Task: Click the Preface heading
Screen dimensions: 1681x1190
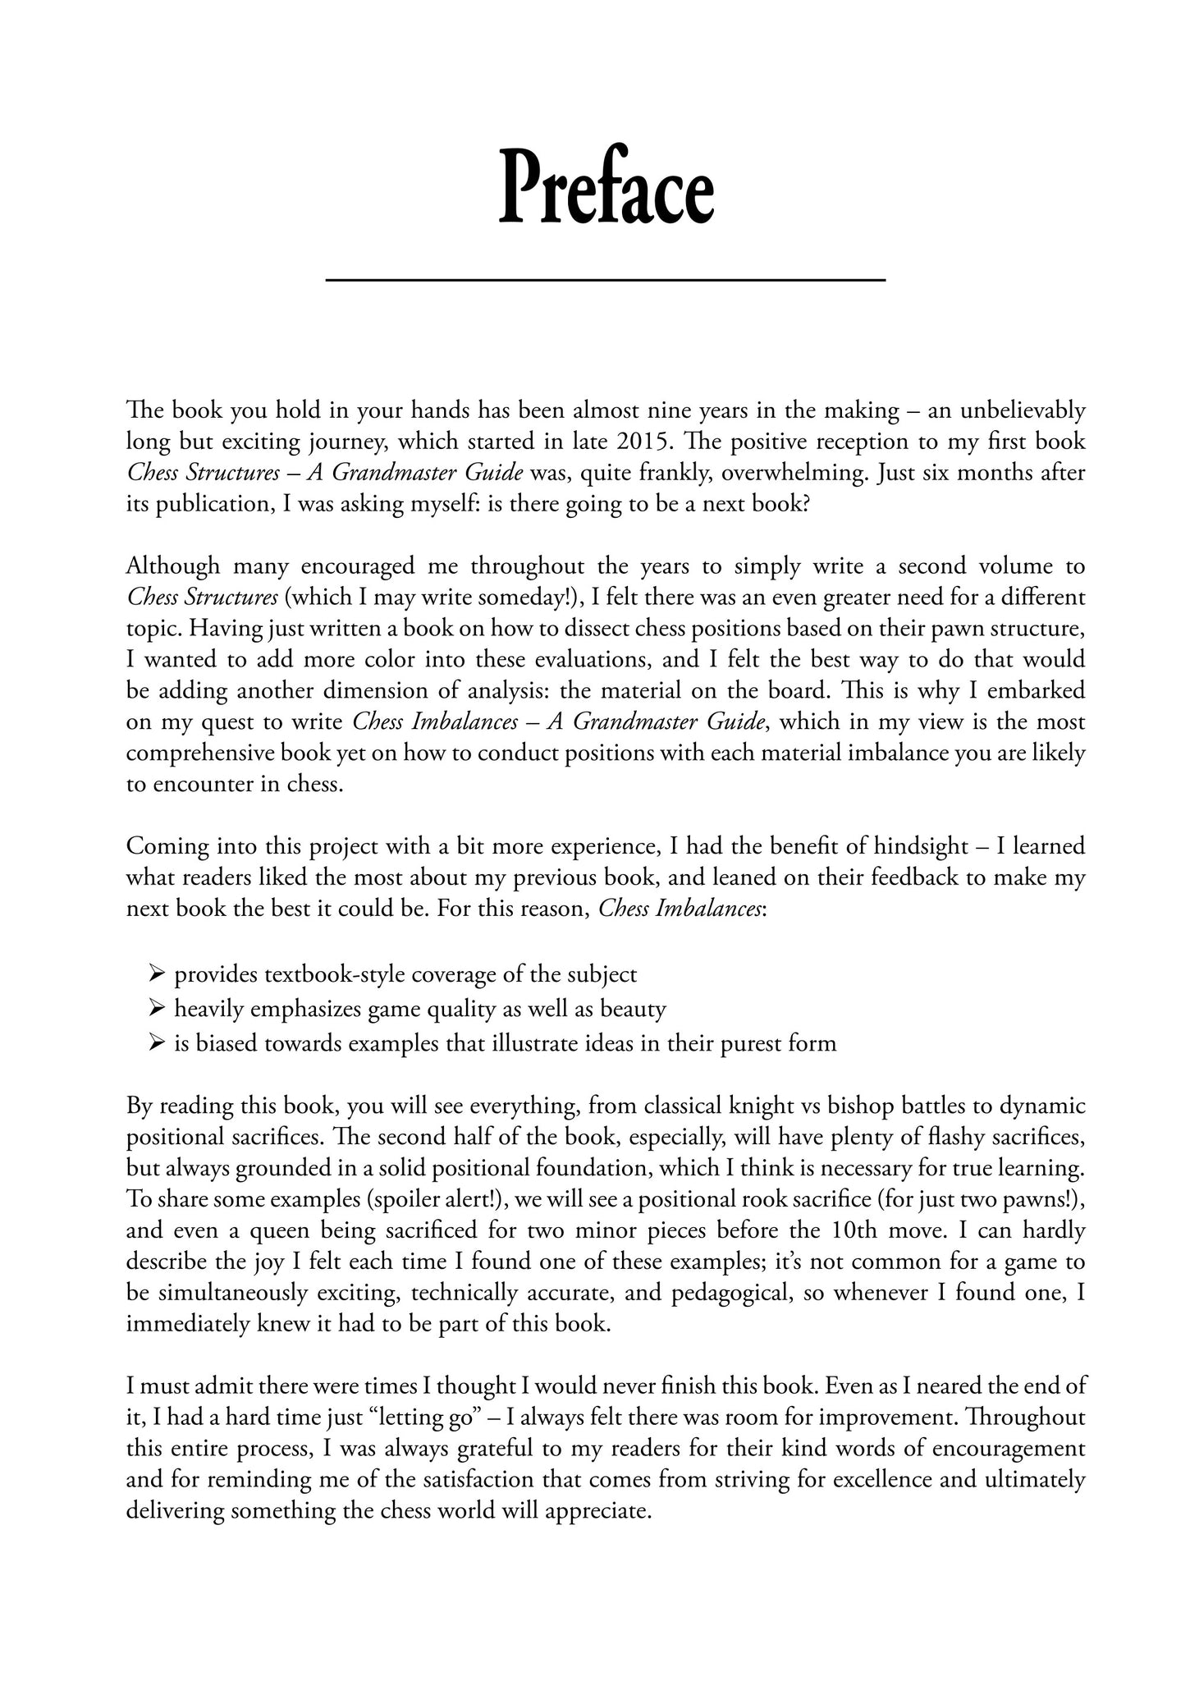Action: click(x=606, y=186)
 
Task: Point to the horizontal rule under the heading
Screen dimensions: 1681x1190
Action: click(x=606, y=281)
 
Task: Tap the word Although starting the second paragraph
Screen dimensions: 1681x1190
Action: click(x=173, y=566)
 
